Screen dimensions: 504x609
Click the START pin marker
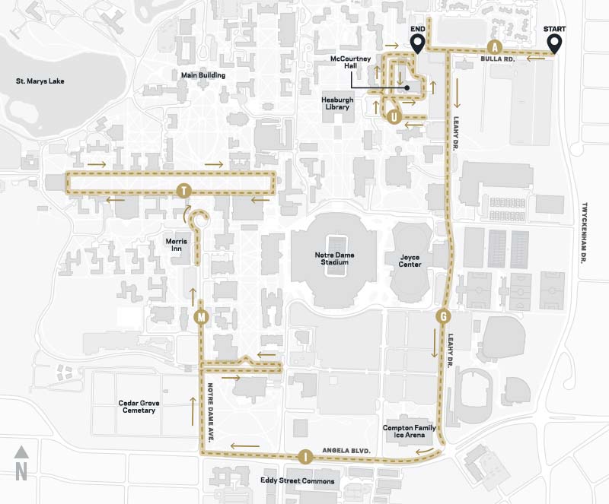pyautogui.click(x=554, y=43)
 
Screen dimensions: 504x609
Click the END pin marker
pyautogui.click(x=417, y=43)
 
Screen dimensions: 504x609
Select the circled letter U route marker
pyautogui.click(x=393, y=116)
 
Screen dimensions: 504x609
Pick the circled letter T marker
pyautogui.click(x=183, y=191)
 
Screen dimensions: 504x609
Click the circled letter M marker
pyautogui.click(x=201, y=316)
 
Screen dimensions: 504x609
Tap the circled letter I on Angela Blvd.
pyautogui.click(x=305, y=457)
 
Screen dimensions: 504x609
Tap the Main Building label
pyautogui.click(x=202, y=75)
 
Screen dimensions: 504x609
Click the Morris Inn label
pyautogui.click(x=176, y=245)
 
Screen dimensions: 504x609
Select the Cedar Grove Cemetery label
pyautogui.click(x=136, y=406)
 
